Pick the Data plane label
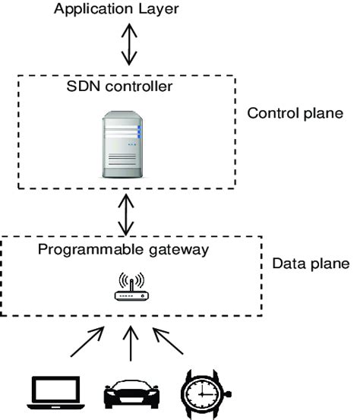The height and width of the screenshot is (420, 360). pyautogui.click(x=310, y=264)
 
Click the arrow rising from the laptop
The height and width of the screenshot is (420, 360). pyautogui.click(x=88, y=343)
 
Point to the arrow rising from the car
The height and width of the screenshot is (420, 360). pyautogui.click(x=132, y=343)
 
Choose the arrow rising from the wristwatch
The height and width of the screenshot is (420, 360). pyautogui.click(x=169, y=343)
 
